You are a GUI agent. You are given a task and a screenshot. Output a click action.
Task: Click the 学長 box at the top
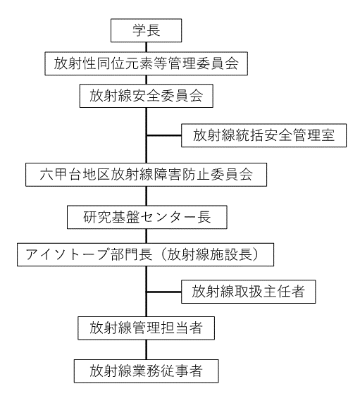click(147, 30)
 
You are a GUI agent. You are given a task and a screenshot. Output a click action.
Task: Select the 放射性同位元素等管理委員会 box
click(147, 63)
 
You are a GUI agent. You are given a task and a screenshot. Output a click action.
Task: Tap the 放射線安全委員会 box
click(147, 96)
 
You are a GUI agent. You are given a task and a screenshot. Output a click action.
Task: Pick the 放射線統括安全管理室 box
click(264, 135)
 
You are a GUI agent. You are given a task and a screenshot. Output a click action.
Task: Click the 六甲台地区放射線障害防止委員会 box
click(147, 175)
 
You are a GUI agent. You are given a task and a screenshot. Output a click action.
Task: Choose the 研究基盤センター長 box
click(147, 217)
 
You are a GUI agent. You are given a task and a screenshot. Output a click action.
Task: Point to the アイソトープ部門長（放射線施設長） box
click(145, 254)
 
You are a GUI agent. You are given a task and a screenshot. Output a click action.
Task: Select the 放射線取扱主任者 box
click(249, 292)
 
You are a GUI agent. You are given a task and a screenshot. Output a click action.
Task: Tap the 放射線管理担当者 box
click(147, 328)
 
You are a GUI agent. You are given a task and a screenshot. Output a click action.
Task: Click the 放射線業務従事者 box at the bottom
click(147, 371)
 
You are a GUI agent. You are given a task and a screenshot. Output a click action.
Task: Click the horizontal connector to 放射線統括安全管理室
click(164, 135)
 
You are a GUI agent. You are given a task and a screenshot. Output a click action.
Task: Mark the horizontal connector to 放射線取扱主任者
click(164, 292)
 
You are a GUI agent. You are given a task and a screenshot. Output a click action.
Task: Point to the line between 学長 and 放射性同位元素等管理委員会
click(147, 47)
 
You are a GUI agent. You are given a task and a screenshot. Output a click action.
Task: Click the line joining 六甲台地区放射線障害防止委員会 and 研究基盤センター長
click(147, 196)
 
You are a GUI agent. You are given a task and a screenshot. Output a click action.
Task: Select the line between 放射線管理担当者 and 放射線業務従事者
click(147, 349)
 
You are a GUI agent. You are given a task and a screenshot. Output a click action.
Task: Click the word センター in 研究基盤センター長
click(168, 217)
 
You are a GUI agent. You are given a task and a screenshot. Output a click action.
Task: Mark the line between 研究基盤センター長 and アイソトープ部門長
click(147, 236)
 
